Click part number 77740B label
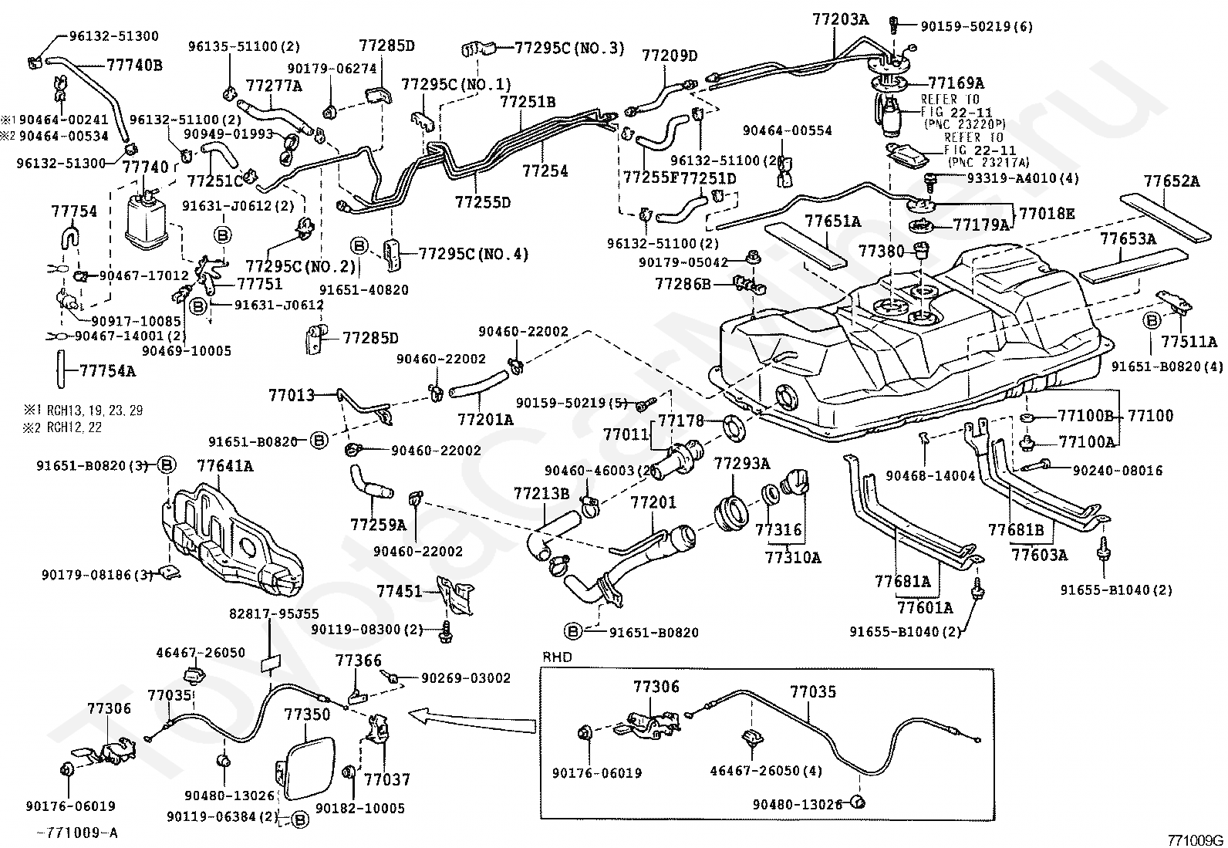(133, 65)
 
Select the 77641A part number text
(224, 465)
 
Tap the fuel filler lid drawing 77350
(305, 769)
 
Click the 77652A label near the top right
(1172, 182)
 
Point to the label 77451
(399, 592)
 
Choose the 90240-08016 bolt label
(1117, 470)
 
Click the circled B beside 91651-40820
(359, 246)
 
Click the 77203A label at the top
(840, 19)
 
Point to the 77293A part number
(741, 464)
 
